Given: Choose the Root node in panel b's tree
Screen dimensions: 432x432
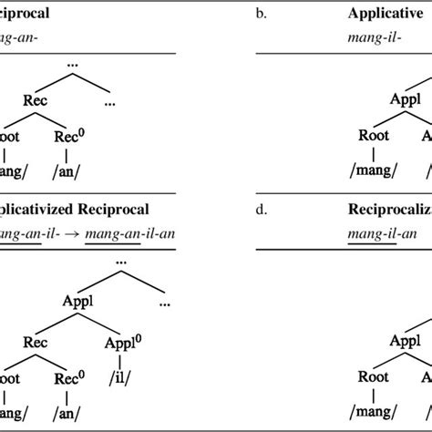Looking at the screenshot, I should tap(373, 135).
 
